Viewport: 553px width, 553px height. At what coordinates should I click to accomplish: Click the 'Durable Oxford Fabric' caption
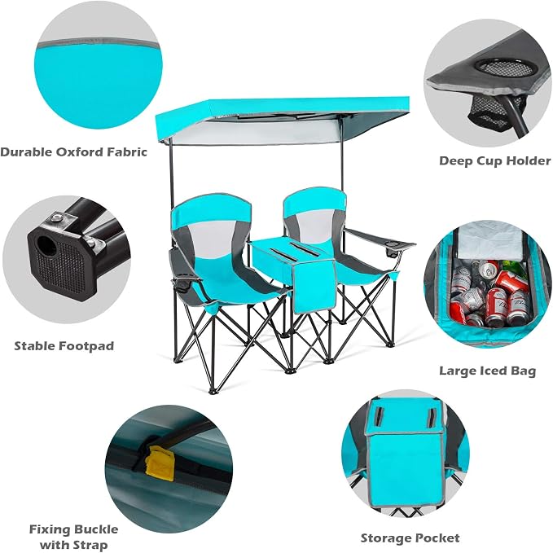click(73, 152)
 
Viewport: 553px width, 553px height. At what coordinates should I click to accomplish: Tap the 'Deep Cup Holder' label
click(495, 160)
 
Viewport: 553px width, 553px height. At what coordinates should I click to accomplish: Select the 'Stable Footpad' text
click(64, 346)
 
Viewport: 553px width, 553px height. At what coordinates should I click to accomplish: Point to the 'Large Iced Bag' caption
click(487, 371)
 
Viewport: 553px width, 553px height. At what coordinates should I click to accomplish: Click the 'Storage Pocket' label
click(410, 538)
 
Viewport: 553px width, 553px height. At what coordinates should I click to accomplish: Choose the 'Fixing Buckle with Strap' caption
click(73, 537)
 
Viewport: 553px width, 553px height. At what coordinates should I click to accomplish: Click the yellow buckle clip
click(160, 463)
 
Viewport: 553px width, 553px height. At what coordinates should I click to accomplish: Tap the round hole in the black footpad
click(46, 245)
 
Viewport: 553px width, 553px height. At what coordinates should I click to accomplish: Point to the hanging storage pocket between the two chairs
click(314, 287)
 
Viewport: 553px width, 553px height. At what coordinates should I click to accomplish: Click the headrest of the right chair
click(314, 200)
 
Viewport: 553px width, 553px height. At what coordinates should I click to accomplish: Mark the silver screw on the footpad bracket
click(55, 218)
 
